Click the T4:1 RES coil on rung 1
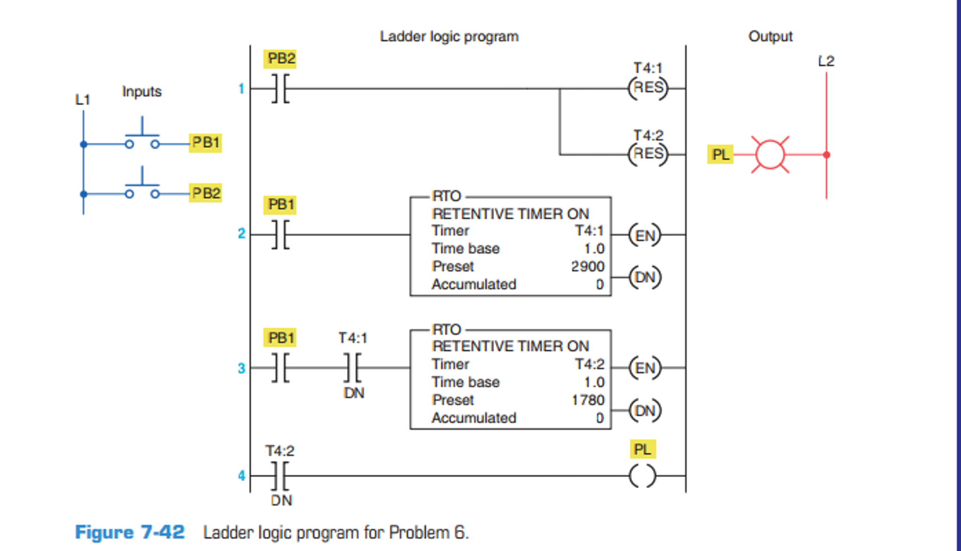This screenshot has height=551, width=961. click(648, 88)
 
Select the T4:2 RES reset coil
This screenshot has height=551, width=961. click(648, 154)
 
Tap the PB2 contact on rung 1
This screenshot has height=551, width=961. click(280, 88)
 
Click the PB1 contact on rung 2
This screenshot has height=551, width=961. click(280, 234)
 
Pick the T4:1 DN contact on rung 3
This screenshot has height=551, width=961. click(353, 367)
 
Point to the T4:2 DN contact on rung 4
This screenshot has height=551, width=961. click(280, 476)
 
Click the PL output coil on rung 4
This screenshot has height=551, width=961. click(642, 476)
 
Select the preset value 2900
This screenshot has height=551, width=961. click(587, 267)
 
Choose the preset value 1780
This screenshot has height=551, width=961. click(587, 400)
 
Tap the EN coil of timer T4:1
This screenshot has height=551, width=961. click(645, 235)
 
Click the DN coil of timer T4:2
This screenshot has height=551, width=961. click(645, 411)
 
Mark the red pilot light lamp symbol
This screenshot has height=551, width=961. click(770, 154)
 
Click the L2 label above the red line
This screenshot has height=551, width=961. click(826, 61)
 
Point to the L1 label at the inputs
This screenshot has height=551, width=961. click(83, 99)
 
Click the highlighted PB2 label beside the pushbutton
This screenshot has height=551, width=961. click(205, 193)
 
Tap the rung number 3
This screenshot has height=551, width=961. click(241, 368)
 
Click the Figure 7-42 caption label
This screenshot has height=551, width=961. click(130, 533)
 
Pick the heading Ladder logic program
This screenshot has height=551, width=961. click(449, 37)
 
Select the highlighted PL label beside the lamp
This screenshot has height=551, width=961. click(720, 154)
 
